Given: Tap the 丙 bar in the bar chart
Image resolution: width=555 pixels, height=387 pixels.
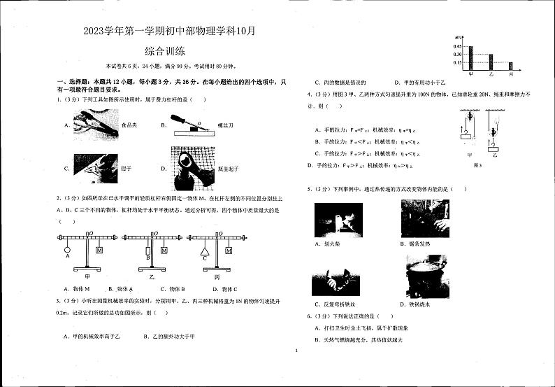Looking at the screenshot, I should pos(511,66).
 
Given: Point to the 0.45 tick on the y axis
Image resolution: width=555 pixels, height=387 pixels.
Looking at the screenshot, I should pos(457,46).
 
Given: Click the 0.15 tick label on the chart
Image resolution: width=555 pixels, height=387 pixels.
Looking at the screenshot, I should pos(457,63).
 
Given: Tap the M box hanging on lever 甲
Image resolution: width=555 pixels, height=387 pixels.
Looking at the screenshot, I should pos(99,250).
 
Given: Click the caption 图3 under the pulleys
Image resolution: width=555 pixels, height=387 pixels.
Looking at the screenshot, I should pos(478,165).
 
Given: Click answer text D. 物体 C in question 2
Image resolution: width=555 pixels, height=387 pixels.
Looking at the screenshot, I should pos(224,289).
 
